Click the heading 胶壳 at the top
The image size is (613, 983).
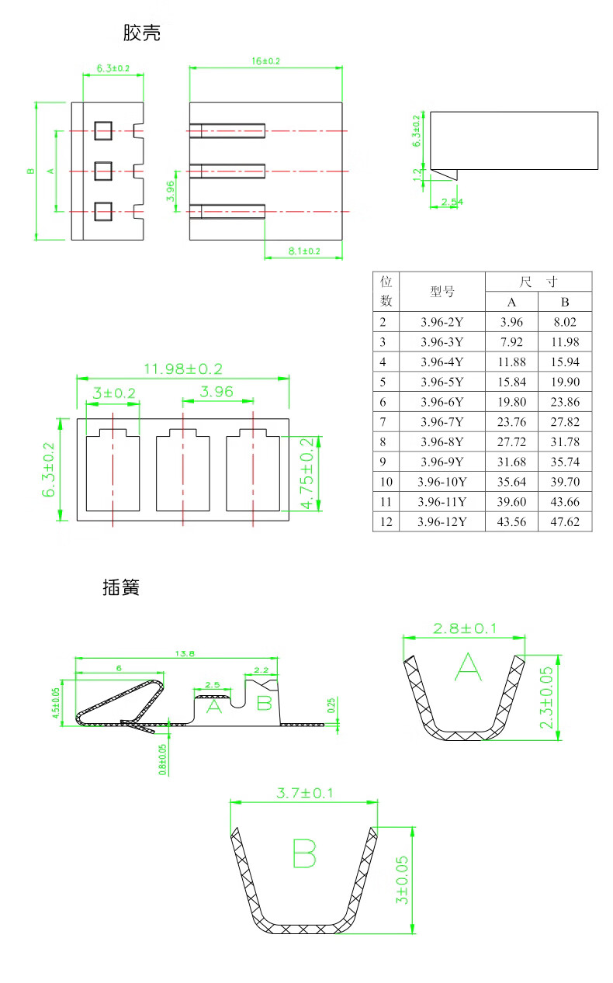coord(141,33)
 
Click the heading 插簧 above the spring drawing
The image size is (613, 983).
coord(121,587)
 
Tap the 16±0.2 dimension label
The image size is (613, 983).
coord(265,61)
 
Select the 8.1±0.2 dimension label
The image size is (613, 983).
coord(304,251)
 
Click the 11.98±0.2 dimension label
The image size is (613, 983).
coord(183,369)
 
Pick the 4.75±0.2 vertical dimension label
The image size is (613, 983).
coord(307,473)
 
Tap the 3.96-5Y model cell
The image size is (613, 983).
coord(442,382)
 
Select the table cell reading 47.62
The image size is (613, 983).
coord(565,521)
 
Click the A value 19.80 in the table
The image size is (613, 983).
coord(512,402)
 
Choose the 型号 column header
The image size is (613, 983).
coord(442,292)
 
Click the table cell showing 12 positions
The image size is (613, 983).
coord(386,521)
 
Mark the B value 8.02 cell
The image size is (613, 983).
coord(565,321)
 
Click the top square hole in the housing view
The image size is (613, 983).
coord(103,130)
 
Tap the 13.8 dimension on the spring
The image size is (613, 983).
coord(185,654)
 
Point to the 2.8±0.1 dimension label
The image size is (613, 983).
coord(464,628)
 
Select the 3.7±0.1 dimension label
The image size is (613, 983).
coord(304,793)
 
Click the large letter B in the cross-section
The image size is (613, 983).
coord(304,853)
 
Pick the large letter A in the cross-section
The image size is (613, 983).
coord(467,667)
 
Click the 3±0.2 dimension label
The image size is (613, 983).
coord(113,393)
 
